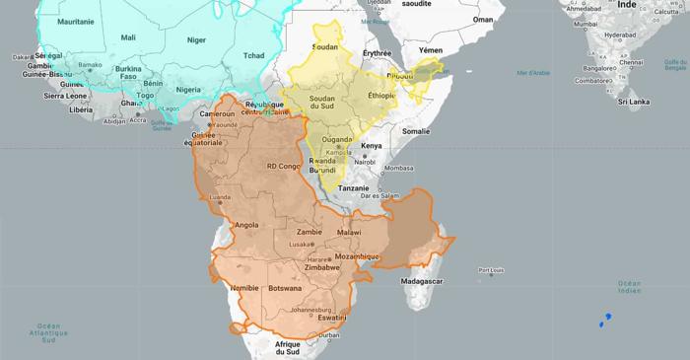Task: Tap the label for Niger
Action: (197, 40)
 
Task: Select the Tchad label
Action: (254, 55)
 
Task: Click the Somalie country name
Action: (416, 130)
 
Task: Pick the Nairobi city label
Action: (366, 162)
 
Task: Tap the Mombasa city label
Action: (398, 168)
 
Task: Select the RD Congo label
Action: (282, 167)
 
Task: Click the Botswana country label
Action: (285, 289)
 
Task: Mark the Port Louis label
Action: (491, 271)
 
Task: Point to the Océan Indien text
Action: (629, 287)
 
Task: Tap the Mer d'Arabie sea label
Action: (533, 72)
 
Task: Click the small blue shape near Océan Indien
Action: (604, 319)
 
